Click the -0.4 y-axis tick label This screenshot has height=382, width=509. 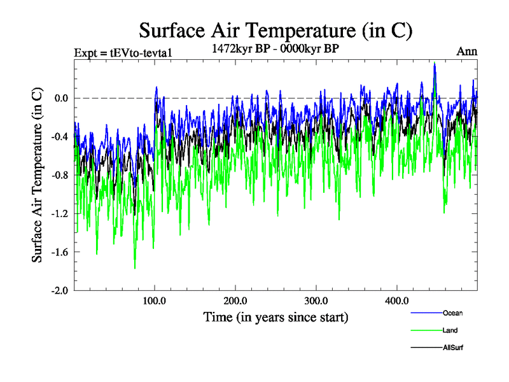[x=60, y=137]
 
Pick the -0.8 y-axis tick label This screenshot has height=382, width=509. [x=60, y=175]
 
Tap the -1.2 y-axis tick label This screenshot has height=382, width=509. [x=60, y=213]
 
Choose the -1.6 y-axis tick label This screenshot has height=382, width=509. [x=60, y=252]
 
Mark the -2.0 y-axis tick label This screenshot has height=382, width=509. [x=60, y=290]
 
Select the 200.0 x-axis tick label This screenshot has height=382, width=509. [x=235, y=301]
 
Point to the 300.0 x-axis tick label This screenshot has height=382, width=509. [x=316, y=301]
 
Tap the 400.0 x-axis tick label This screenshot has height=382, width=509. [x=397, y=301]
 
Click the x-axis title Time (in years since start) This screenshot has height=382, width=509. [x=275, y=316]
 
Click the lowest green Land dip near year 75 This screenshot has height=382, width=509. [x=135, y=268]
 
